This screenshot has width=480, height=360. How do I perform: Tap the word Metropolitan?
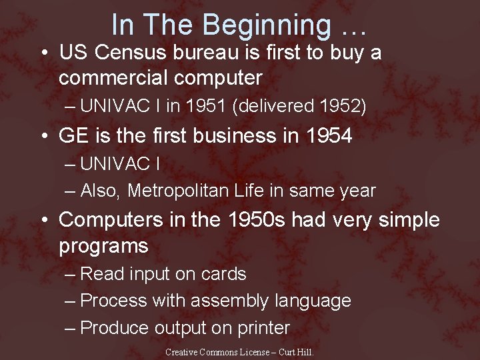(x=178, y=191)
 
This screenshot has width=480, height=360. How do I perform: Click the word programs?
(x=103, y=246)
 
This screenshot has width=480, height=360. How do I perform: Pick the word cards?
(x=224, y=274)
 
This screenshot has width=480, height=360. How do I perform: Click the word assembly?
(x=229, y=301)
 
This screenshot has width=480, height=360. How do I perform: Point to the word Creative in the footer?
(x=181, y=351)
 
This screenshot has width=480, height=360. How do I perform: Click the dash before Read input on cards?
(x=71, y=274)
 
